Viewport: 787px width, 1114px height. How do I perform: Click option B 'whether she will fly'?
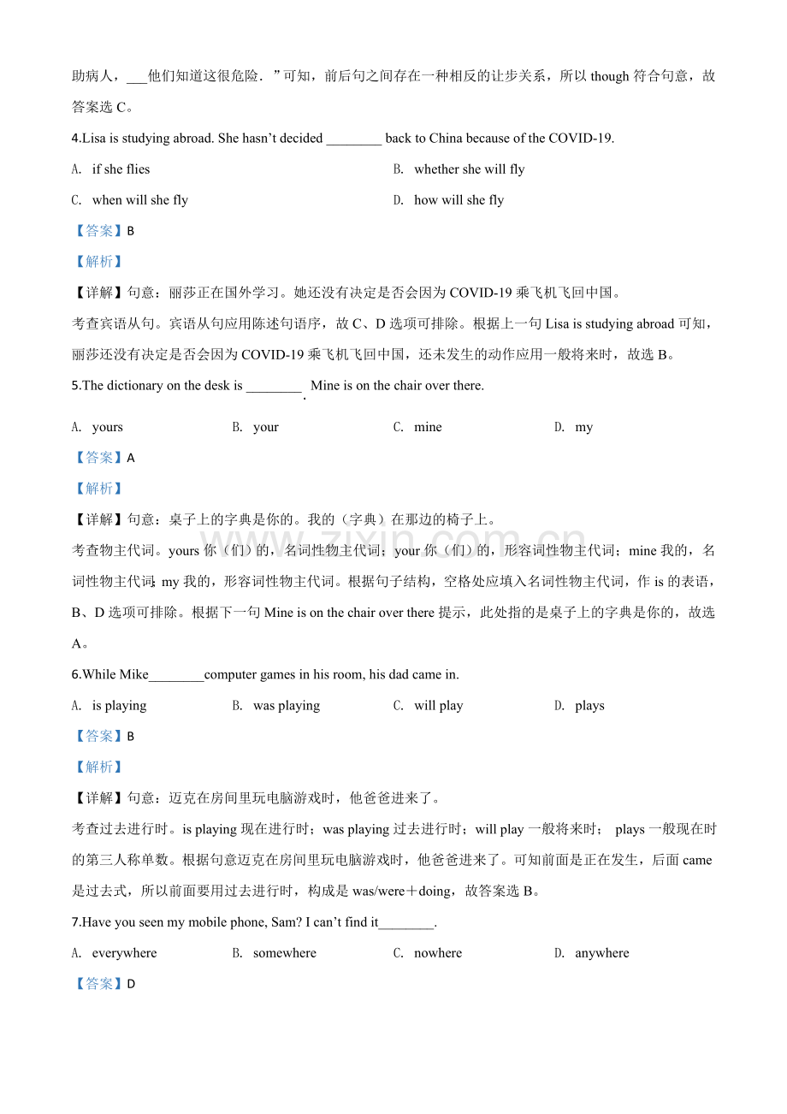469,169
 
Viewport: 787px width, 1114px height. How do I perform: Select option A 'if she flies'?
121,169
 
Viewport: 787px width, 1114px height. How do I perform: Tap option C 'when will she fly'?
139,200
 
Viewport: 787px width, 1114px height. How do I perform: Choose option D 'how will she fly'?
459,200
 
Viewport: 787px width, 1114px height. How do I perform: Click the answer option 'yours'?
108,427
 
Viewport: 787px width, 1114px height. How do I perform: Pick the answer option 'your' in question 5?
266,427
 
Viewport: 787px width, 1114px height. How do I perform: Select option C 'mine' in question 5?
428,427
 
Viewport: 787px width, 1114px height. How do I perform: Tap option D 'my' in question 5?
584,427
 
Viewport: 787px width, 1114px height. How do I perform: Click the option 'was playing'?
287,706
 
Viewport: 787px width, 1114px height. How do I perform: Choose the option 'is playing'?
119,706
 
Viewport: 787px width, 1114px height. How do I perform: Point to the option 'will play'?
438,706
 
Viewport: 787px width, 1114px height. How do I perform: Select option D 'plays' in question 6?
589,706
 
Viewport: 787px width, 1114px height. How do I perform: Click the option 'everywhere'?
124,953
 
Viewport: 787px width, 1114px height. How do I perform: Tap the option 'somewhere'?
285,953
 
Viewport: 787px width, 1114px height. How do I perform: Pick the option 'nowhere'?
438,953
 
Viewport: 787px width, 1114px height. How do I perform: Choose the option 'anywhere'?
601,953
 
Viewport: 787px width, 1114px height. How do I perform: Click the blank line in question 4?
354,140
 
